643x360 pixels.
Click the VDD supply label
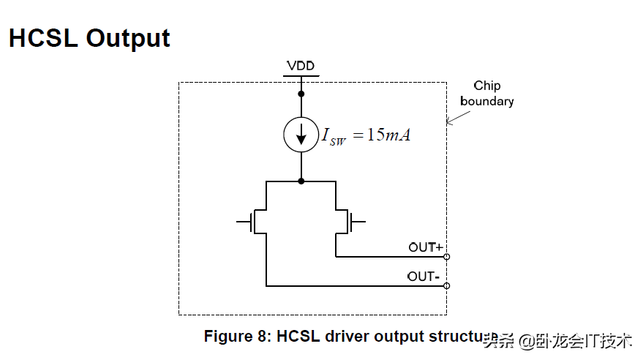pos(301,67)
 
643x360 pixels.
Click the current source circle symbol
pos(301,135)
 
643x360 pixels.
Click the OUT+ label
pos(426,248)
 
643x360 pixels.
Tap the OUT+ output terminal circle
pos(446,257)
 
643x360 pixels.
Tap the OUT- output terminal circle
pos(446,285)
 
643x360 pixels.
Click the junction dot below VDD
pos(301,94)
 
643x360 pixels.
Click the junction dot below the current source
pos(301,181)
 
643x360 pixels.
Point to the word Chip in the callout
pos(486,86)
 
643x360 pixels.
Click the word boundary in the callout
pos(486,101)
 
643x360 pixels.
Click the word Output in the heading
pos(128,38)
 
